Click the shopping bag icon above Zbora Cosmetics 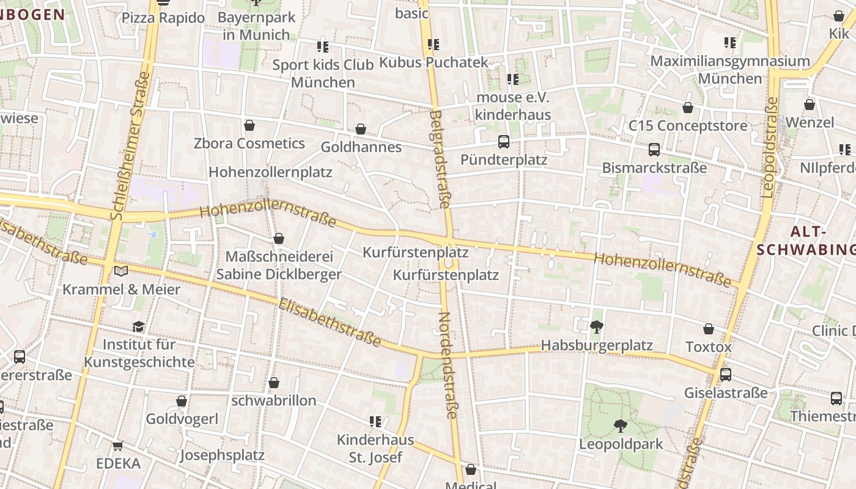click(249, 125)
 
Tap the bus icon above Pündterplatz click(504, 142)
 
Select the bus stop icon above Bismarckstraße click(654, 150)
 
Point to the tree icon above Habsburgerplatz click(597, 327)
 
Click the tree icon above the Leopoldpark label click(621, 425)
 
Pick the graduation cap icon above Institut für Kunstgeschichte click(139, 326)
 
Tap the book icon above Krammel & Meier click(121, 271)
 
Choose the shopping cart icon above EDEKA click(118, 446)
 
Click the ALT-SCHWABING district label click(805, 240)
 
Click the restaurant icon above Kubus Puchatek click(434, 44)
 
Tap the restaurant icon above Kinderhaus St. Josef click(375, 421)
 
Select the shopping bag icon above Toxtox click(709, 329)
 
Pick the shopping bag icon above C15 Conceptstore click(688, 108)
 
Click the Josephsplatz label click(222, 455)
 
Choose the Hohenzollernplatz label click(270, 172)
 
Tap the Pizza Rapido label click(163, 18)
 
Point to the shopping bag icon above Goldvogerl click(182, 401)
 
